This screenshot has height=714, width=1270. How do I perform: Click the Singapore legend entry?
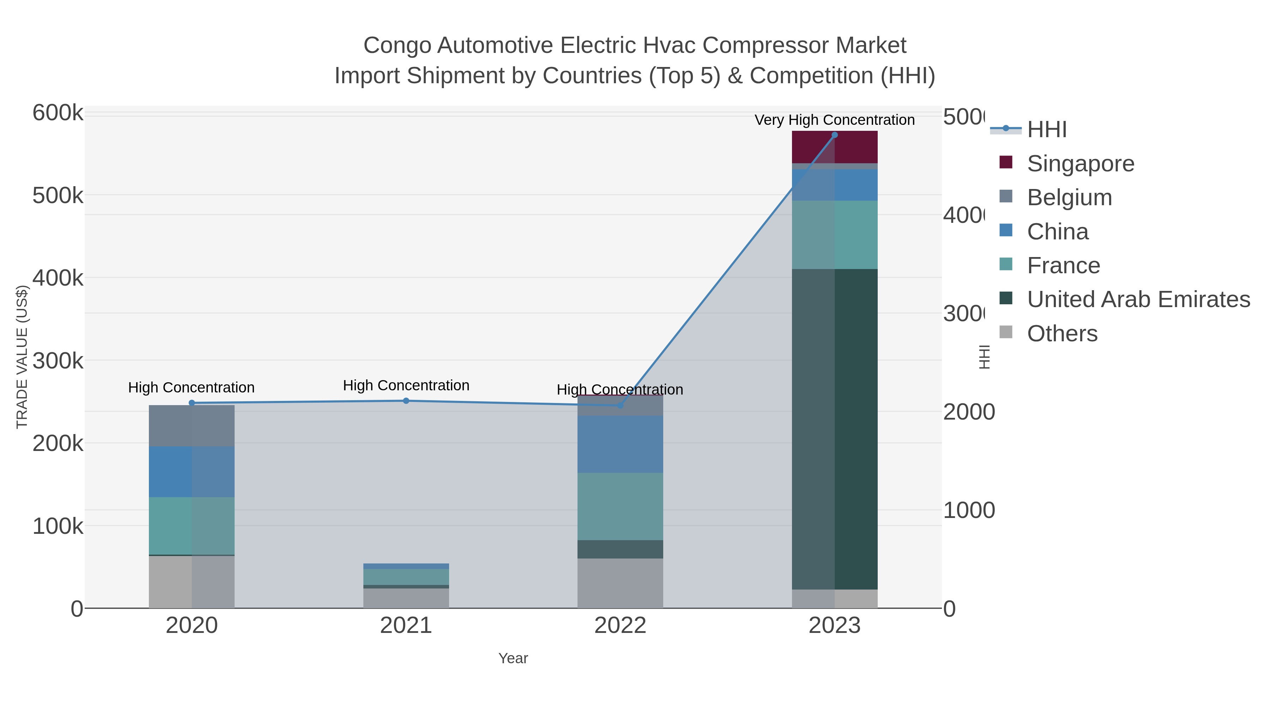point(1080,164)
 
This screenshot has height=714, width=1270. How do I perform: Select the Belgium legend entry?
point(1069,197)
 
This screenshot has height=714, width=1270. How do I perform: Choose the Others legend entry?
point(1062,334)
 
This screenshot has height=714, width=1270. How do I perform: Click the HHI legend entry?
point(1046,130)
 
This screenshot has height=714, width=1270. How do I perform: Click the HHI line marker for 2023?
point(834,135)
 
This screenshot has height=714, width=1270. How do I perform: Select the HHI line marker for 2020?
point(192,403)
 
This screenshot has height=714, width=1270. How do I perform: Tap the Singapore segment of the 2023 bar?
point(834,147)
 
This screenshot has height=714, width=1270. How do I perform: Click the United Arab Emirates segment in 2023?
point(834,429)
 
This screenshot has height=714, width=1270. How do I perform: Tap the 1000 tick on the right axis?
point(968,511)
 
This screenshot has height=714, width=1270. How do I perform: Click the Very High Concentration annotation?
point(834,120)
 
